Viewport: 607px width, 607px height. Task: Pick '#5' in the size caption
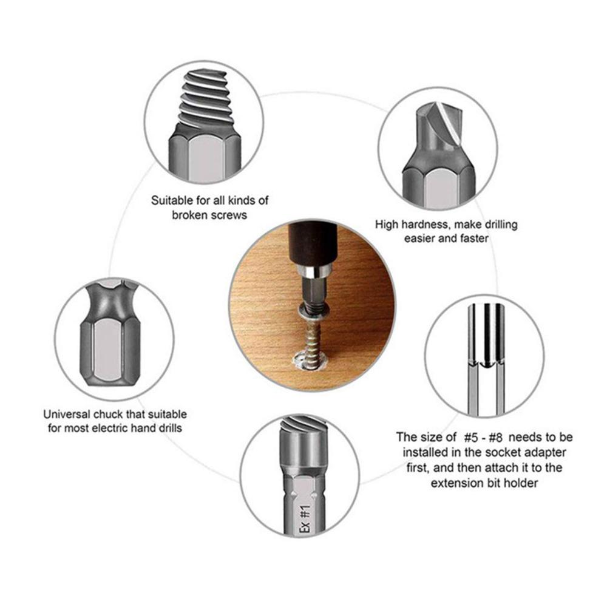click(471, 438)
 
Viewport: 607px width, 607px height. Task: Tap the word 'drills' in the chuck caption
click(169, 428)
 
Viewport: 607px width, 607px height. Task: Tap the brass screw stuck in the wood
click(311, 337)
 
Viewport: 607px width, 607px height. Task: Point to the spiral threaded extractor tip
click(205, 100)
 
